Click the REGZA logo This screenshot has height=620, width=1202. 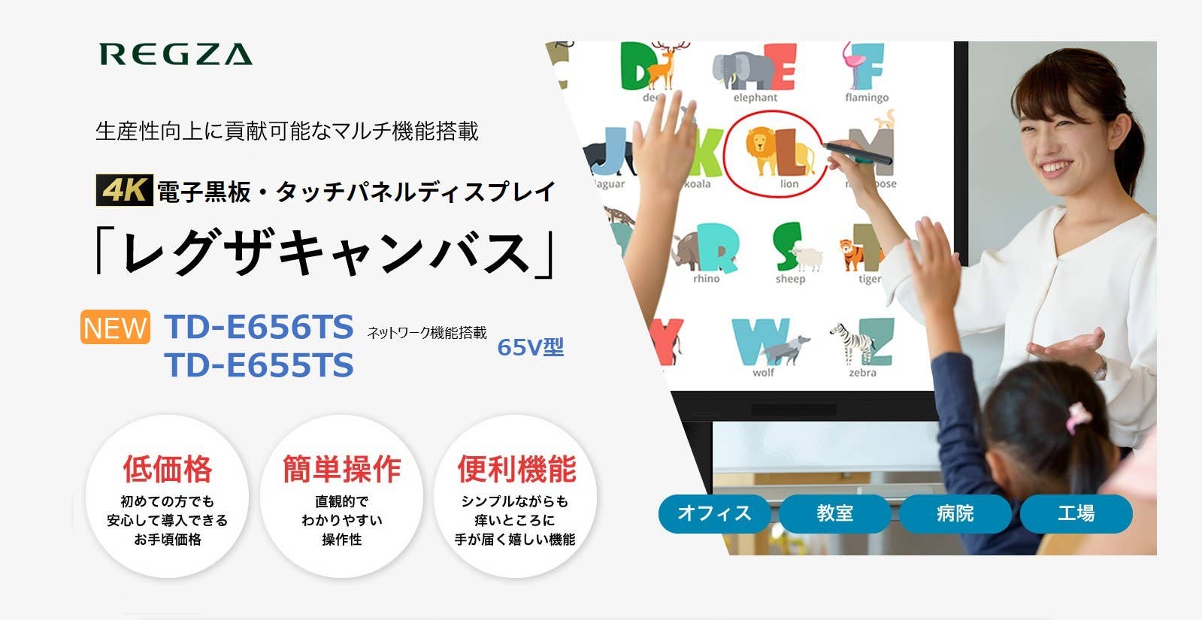(x=176, y=54)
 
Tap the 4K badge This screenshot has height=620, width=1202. (x=124, y=190)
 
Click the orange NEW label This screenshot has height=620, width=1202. (x=115, y=328)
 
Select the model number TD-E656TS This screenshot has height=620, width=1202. (x=259, y=327)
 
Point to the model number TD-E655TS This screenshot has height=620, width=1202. (x=259, y=365)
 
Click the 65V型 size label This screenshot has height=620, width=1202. (x=530, y=347)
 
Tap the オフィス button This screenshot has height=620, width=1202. (x=714, y=513)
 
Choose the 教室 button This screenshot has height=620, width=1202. (x=834, y=513)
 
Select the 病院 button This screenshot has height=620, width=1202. (x=955, y=513)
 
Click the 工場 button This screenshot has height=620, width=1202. (x=1076, y=513)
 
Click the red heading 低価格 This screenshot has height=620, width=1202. (x=168, y=469)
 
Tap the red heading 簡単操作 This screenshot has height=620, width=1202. (x=342, y=469)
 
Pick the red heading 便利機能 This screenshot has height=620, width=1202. (x=516, y=469)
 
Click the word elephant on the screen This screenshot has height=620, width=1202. (x=755, y=98)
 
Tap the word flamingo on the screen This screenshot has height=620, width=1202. (x=866, y=98)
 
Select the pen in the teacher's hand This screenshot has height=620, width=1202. (x=856, y=152)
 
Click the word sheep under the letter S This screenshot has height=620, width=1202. (x=790, y=279)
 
